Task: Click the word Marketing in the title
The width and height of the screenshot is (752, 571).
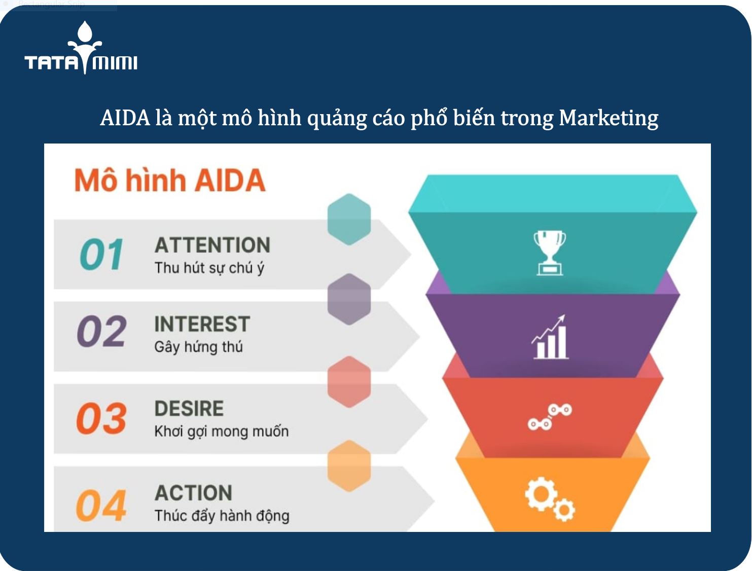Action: (x=608, y=118)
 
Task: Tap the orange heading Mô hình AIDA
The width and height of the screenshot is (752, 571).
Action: (x=170, y=181)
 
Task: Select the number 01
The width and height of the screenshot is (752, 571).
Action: (x=101, y=254)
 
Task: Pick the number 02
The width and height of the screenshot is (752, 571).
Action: (x=101, y=332)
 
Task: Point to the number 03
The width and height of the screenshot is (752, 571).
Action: (x=101, y=418)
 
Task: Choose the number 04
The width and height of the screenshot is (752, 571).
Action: (x=101, y=505)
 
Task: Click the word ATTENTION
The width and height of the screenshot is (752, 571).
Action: (x=212, y=245)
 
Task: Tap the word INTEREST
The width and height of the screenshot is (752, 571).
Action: (x=202, y=324)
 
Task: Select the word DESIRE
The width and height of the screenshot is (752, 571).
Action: (x=189, y=409)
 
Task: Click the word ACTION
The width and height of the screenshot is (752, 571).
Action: (x=194, y=493)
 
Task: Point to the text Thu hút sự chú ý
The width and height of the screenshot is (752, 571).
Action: (x=209, y=268)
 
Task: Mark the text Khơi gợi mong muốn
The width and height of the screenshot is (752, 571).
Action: (x=222, y=432)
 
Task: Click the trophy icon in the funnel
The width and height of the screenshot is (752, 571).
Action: (x=550, y=253)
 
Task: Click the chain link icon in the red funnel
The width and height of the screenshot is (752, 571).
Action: (x=550, y=416)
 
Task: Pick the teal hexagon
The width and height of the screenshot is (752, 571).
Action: (x=349, y=219)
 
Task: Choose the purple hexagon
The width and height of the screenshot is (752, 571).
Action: (x=349, y=299)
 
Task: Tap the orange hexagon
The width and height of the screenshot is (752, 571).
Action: (x=349, y=466)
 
